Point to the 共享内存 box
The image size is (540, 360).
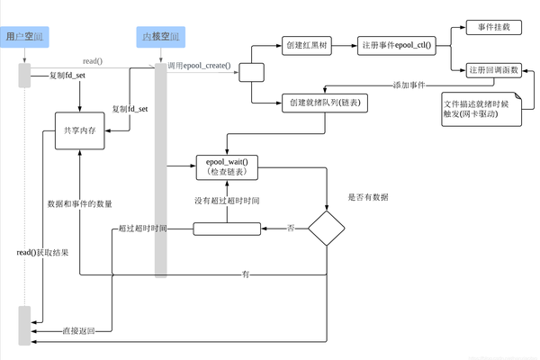click(x=79, y=130)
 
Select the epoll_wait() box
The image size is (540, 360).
click(x=226, y=166)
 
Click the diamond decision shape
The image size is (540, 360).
click(x=328, y=229)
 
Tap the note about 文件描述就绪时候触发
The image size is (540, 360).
click(x=481, y=108)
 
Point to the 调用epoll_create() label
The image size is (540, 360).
click(x=200, y=67)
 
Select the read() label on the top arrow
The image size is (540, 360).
click(x=92, y=61)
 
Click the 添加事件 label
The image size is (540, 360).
click(x=409, y=85)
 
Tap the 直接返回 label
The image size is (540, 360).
click(x=78, y=331)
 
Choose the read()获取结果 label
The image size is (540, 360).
click(x=42, y=253)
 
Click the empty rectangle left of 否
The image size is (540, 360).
click(x=227, y=229)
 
